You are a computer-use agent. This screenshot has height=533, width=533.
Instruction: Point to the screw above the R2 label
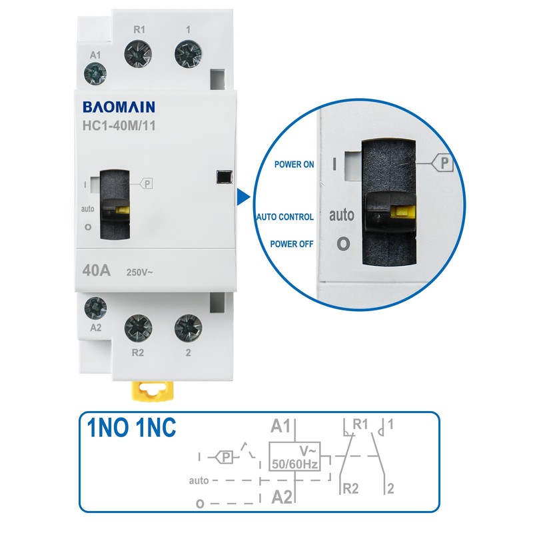(139, 328)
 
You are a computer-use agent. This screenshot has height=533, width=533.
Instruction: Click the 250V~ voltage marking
(141, 272)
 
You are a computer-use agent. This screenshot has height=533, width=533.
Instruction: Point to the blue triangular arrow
(243, 197)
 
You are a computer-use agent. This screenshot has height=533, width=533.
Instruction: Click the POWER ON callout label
(294, 165)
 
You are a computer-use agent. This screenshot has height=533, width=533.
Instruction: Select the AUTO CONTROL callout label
(284, 217)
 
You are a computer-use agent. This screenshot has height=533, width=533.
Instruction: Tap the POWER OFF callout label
(292, 244)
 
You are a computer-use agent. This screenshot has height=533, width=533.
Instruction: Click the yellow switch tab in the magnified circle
(402, 214)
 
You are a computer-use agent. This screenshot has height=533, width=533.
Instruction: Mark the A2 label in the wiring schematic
(282, 496)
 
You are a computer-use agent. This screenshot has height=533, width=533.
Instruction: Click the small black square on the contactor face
(223, 177)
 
